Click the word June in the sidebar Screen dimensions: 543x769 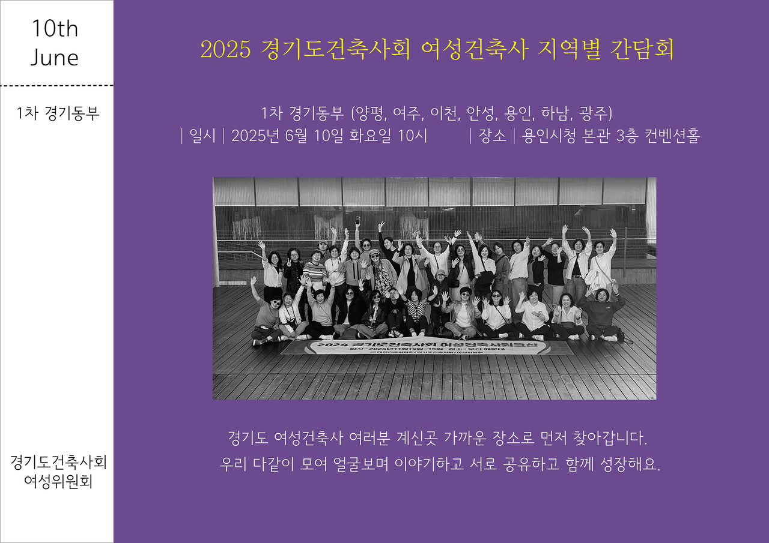point(54,58)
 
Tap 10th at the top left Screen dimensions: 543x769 point(55,29)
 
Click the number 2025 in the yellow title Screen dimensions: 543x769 point(225,50)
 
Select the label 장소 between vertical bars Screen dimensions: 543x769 point(491,136)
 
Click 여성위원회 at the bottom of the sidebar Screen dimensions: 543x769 point(58,481)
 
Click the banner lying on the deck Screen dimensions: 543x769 point(426,347)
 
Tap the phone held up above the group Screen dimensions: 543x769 point(358,220)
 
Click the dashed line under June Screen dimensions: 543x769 point(56,86)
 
